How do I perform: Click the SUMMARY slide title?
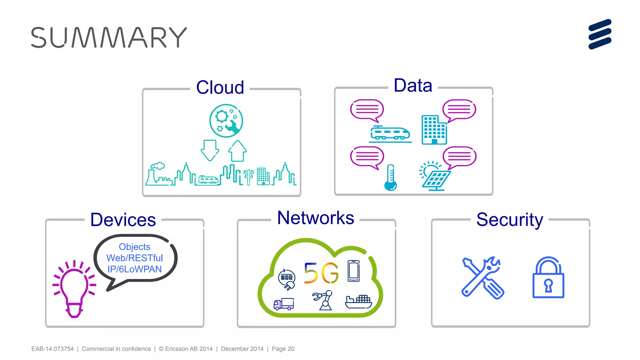pyautogui.click(x=109, y=37)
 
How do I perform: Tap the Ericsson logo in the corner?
pyautogui.click(x=600, y=34)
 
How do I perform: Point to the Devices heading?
pyautogui.click(x=123, y=220)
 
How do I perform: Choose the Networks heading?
pyautogui.click(x=316, y=218)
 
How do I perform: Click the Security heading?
pyautogui.click(x=510, y=220)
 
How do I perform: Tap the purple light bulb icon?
pyautogui.click(x=74, y=289)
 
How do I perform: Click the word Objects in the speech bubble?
pyautogui.click(x=134, y=247)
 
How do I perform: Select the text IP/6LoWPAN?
pyautogui.click(x=134, y=269)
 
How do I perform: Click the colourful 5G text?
pyautogui.click(x=321, y=273)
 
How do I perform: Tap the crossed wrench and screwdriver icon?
pyautogui.click(x=482, y=278)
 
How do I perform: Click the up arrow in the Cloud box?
pyautogui.click(x=237, y=151)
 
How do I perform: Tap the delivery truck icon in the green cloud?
pyautogui.click(x=284, y=304)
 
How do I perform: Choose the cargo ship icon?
pyautogui.click(x=358, y=302)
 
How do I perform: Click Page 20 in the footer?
pyautogui.click(x=283, y=349)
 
